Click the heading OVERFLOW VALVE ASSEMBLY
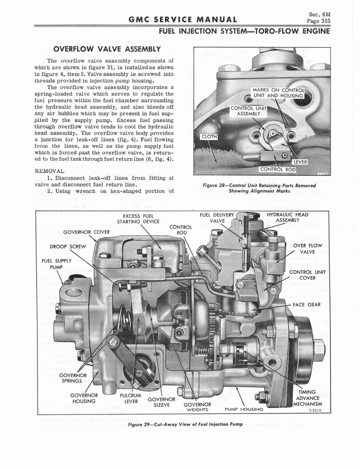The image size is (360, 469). [x=107, y=49]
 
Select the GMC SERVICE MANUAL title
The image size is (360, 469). [x=183, y=19]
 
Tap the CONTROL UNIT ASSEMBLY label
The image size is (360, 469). [x=245, y=111]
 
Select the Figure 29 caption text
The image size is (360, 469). [x=185, y=425]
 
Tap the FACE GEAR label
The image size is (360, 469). [x=306, y=305]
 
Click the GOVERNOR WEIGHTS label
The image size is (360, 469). [x=197, y=407]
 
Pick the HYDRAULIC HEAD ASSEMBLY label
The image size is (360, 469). [x=287, y=217]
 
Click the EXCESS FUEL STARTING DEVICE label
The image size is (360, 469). [x=138, y=219]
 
